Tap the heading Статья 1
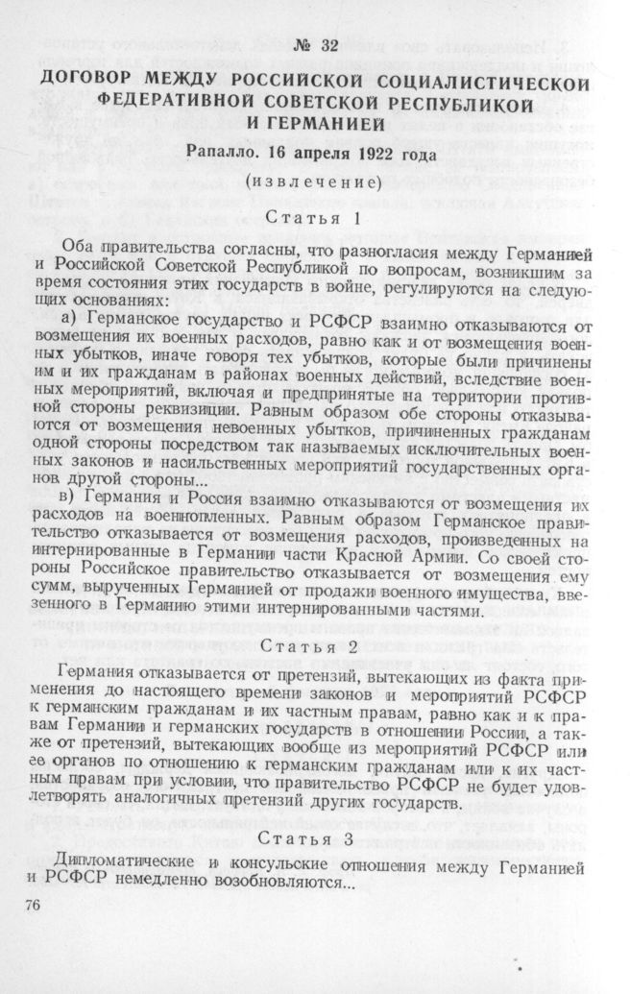316,217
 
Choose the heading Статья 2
316,646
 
